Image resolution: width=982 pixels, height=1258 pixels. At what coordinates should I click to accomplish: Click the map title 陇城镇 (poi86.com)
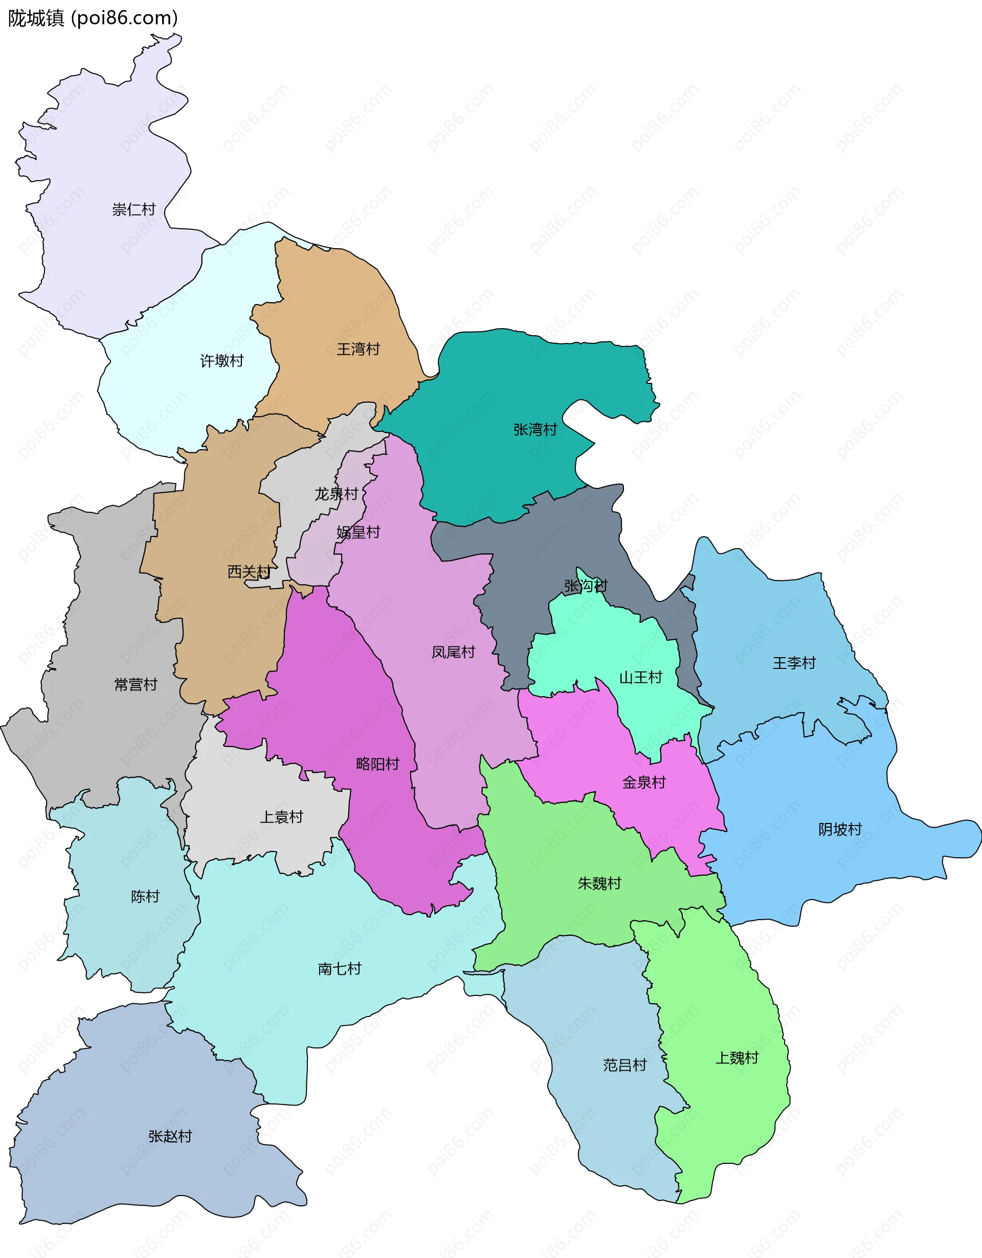pos(93,18)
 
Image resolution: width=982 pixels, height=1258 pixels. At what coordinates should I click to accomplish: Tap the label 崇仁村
pos(133,209)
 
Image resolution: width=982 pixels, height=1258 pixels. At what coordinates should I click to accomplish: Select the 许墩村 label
pos(221,361)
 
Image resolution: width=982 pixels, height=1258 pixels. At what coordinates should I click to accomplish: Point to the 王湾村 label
pos(358,349)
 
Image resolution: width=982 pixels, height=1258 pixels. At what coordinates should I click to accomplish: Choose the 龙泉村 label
pos(336,494)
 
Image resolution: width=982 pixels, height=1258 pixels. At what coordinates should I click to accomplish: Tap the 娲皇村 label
pos(358,532)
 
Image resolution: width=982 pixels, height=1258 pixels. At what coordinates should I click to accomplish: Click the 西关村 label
pos(249,572)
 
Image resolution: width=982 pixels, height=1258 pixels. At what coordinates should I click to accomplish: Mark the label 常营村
pos(135,684)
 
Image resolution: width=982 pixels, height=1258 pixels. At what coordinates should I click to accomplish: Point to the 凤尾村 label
pos(453,652)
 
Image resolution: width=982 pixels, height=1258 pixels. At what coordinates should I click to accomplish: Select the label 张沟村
pos(586,586)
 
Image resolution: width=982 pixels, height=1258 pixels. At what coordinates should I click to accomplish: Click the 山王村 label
pos(640,678)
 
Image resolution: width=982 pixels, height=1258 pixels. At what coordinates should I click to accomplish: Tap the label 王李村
pos(794,663)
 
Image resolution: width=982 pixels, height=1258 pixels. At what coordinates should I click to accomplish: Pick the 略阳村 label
pos(377,764)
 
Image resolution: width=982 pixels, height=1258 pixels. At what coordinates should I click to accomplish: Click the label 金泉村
pos(643,782)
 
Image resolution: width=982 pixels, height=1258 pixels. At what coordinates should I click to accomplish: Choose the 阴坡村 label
pos(840,830)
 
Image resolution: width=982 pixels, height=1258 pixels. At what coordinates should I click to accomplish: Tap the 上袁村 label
pos(281,817)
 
